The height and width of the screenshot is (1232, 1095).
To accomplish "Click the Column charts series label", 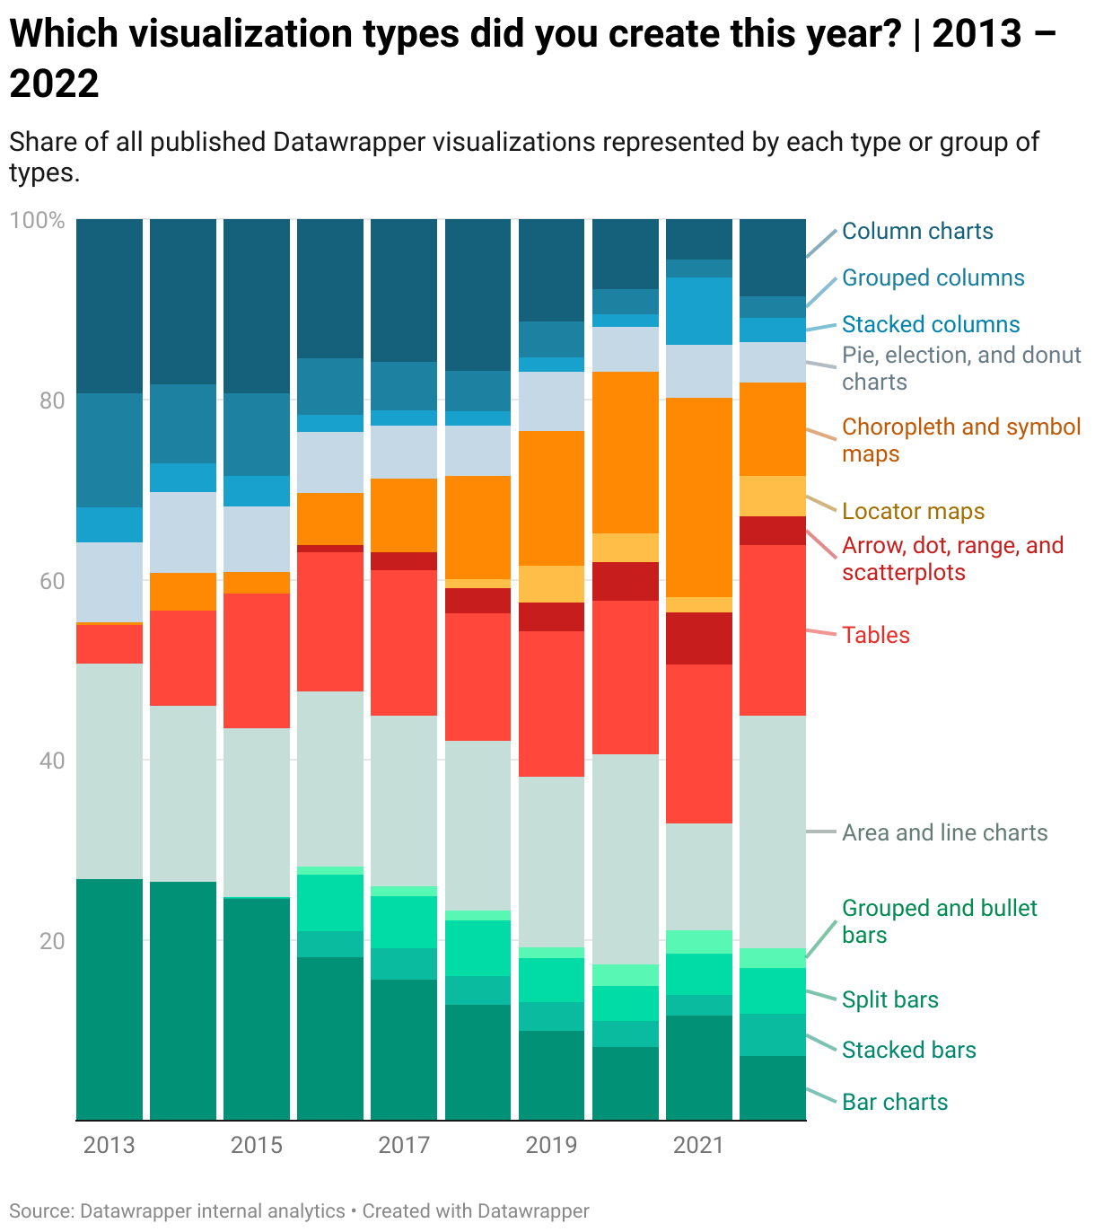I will pos(917,231).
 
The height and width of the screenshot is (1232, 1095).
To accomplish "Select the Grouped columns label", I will pos(933,277).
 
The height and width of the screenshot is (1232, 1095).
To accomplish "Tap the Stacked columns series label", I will pos(931,324).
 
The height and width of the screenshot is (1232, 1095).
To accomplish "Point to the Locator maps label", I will pos(913,511).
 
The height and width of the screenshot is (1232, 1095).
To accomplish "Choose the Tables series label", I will pos(875,635).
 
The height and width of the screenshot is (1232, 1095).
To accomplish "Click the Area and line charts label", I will pos(944,832).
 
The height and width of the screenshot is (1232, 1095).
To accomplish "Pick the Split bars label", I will pos(889,999).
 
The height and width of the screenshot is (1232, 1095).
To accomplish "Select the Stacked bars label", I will pos(908,1050).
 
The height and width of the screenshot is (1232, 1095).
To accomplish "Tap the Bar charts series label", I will pos(894,1102).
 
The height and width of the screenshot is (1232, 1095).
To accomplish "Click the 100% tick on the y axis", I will pos(38,220).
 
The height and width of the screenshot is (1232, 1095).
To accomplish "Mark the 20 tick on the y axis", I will pos(52,941).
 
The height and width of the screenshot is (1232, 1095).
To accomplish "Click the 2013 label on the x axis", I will pos(109,1145).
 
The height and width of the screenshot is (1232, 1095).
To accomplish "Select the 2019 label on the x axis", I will pos(551,1145).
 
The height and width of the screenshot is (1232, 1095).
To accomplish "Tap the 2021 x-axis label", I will pos(698,1145).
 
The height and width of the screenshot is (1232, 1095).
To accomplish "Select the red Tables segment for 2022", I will pos(773,629).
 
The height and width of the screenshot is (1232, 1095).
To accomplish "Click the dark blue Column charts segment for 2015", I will pos(257,305).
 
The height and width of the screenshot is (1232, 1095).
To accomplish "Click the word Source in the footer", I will pos(40,1210).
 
